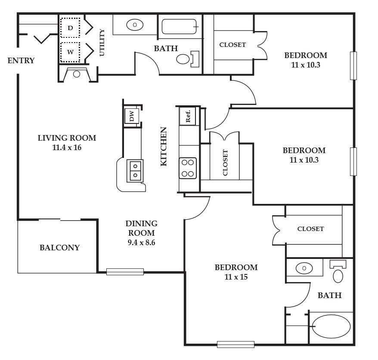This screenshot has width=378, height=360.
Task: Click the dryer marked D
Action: [x=70, y=28]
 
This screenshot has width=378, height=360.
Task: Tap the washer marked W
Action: [x=70, y=52]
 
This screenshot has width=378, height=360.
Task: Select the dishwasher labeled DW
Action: [x=132, y=116]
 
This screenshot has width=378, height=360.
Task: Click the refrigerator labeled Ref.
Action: [x=188, y=116]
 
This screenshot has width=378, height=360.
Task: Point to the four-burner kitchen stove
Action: [x=188, y=168]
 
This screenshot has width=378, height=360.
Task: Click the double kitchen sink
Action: [x=135, y=171]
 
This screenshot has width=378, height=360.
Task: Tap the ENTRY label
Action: [x=21, y=61]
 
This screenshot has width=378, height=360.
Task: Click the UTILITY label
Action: [x=102, y=43]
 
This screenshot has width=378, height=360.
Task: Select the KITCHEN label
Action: [x=164, y=146]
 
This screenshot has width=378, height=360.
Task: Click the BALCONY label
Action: [x=59, y=248]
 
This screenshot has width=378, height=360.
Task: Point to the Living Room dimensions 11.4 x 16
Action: [x=67, y=148]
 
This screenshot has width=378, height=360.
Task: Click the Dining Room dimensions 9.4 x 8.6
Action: [x=141, y=243]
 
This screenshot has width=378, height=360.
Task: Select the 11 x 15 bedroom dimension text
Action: [x=236, y=277]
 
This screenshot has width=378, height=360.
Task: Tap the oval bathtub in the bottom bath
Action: [x=331, y=326]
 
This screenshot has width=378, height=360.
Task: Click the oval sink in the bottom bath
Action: [x=304, y=268]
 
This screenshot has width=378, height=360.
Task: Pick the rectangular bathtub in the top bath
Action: [x=180, y=27]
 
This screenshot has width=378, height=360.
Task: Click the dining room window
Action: [x=125, y=272]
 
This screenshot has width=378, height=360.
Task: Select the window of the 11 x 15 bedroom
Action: [x=236, y=345]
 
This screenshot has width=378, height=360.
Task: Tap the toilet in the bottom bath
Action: [x=338, y=271]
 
